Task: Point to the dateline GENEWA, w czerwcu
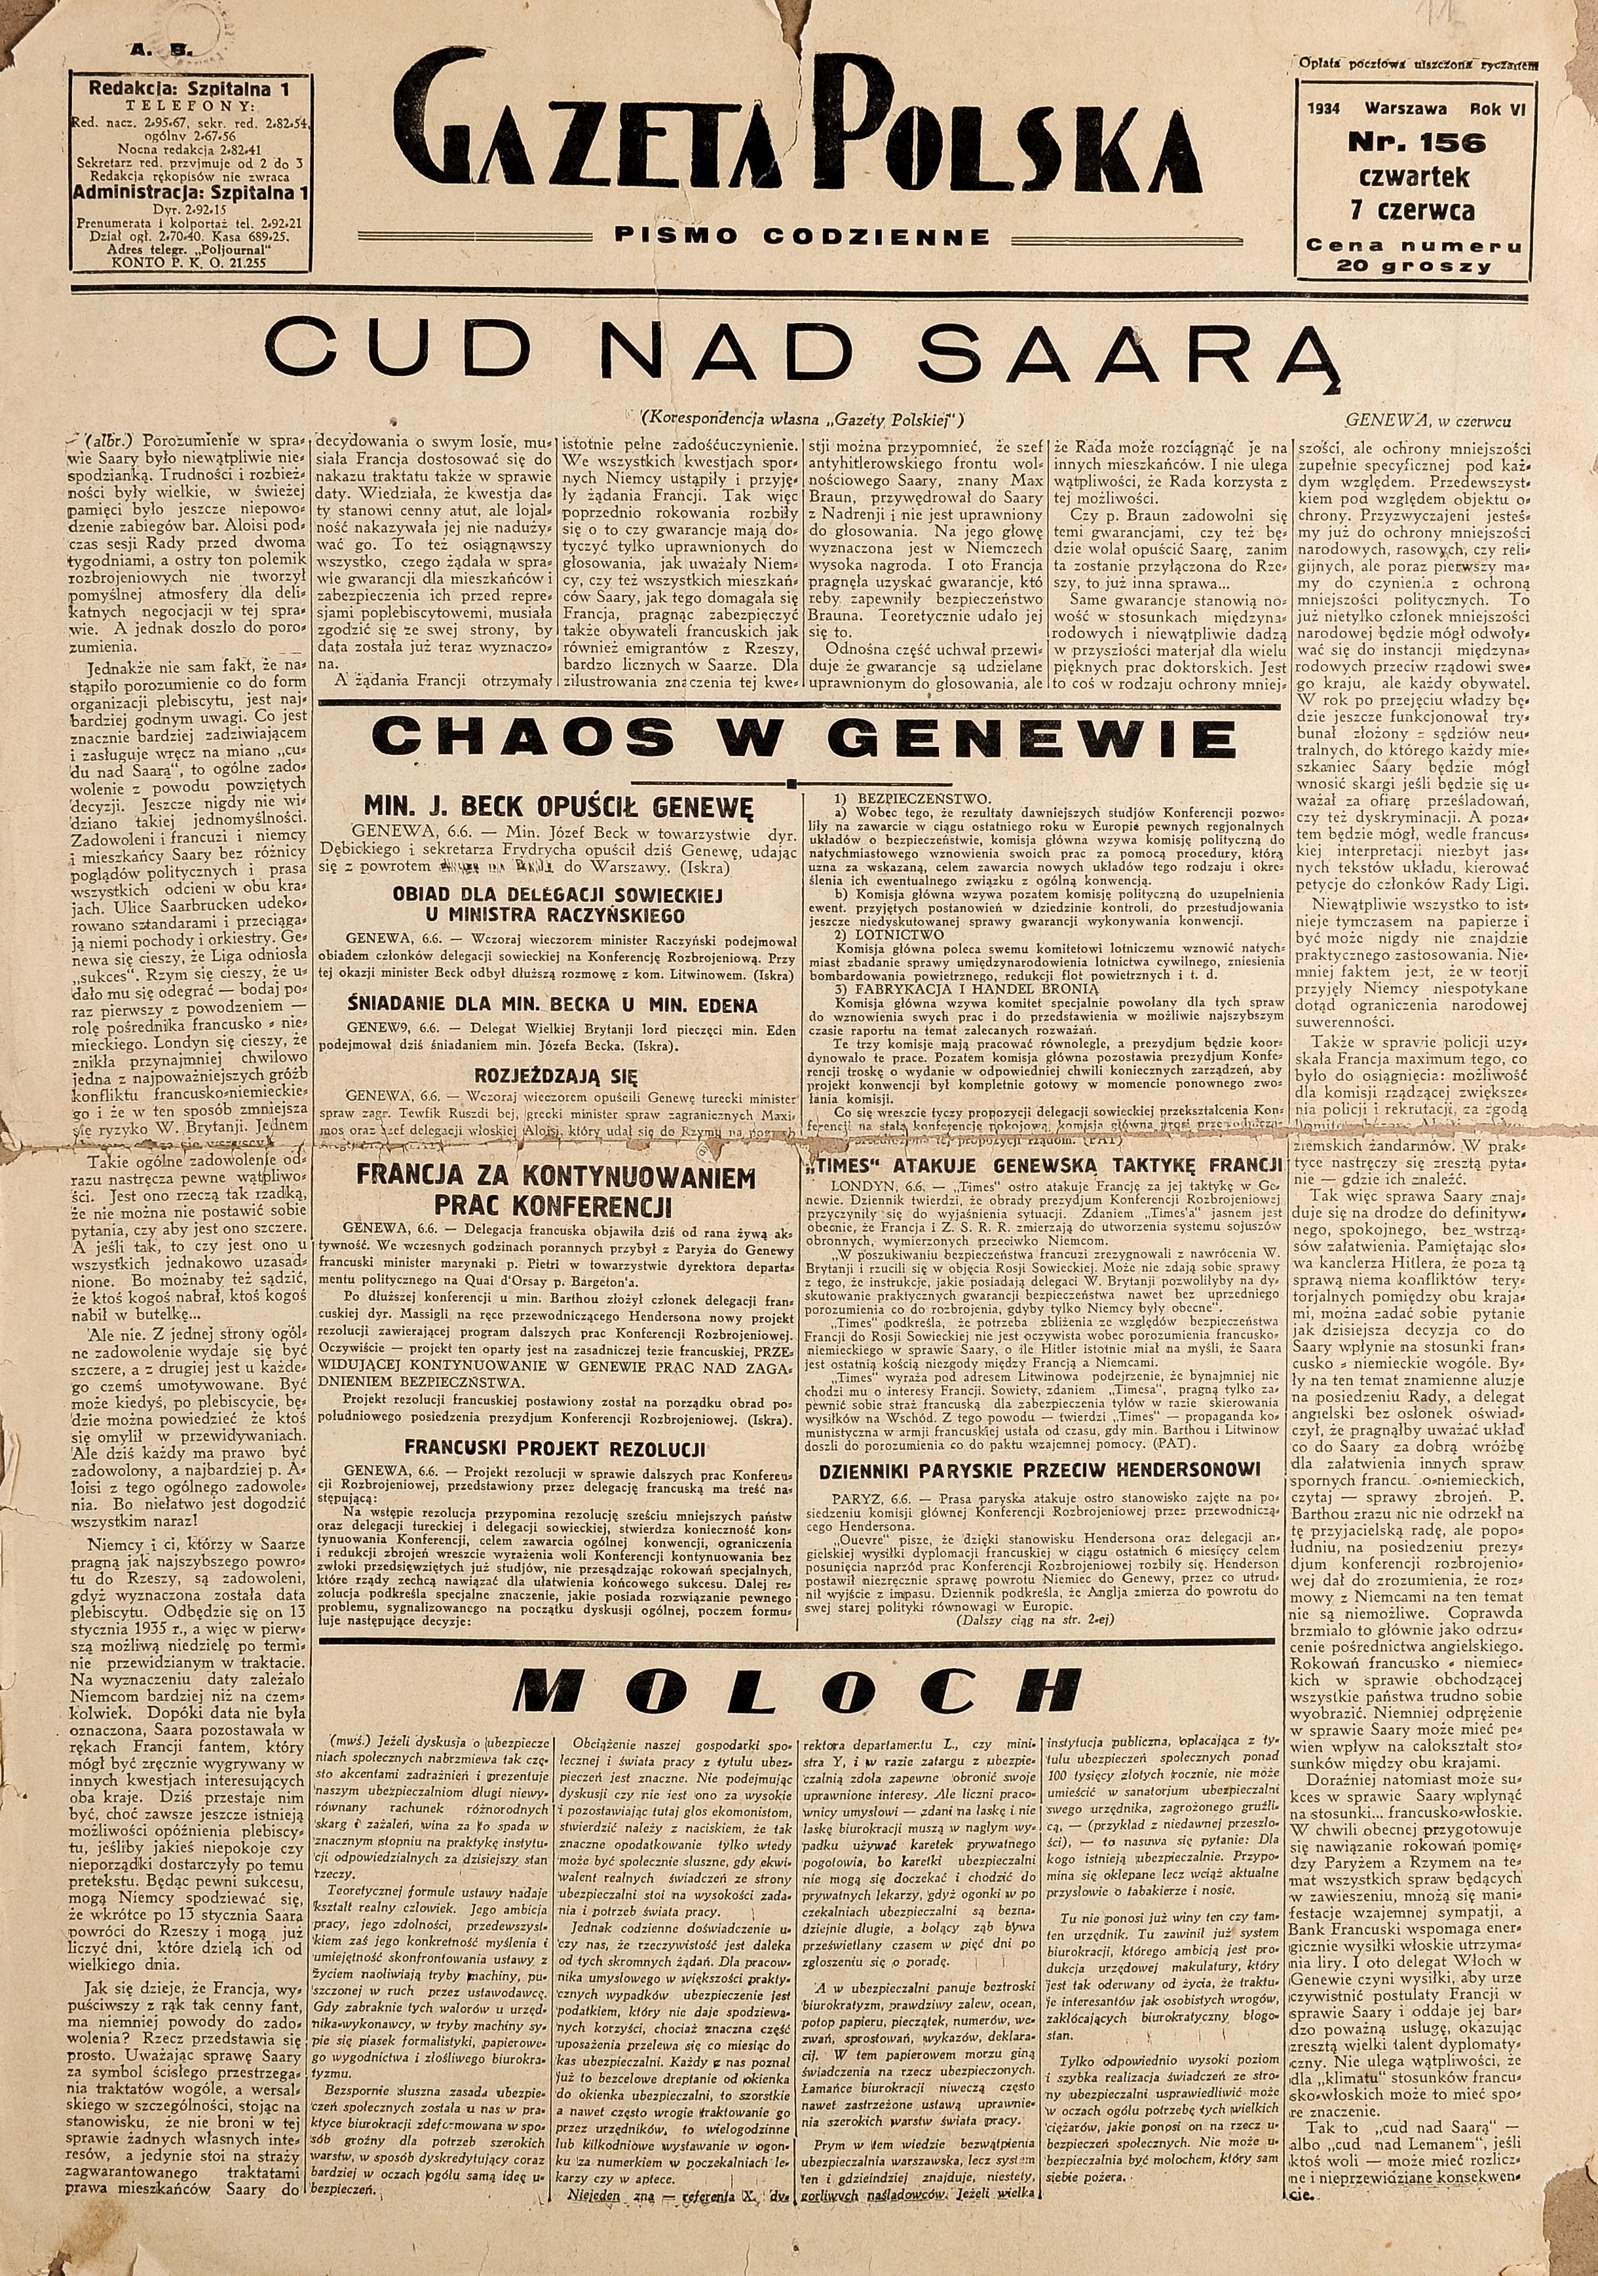[1432, 421]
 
